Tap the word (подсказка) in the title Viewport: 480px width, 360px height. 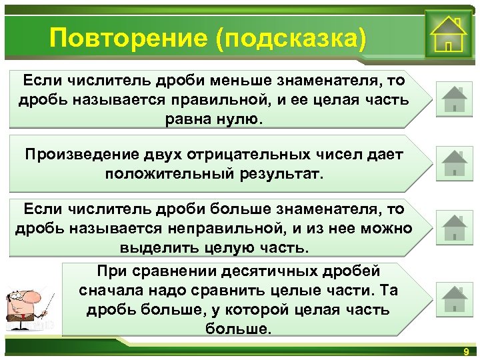pos(291,38)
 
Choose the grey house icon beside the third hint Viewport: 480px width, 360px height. pos(454,228)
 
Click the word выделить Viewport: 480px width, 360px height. pos(153,248)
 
